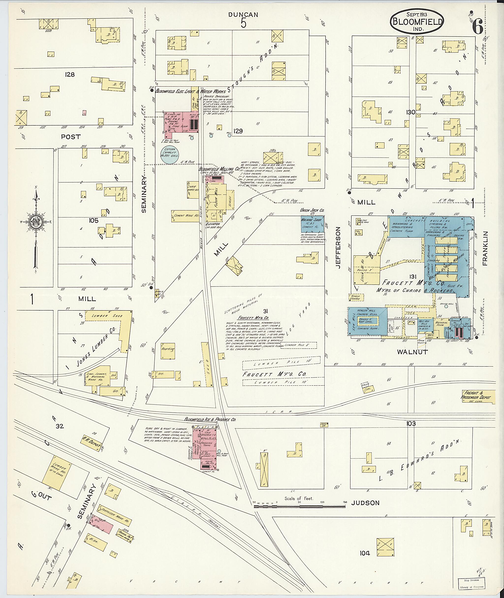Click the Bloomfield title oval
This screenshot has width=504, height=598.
pyautogui.click(x=417, y=21)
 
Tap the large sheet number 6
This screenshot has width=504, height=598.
pyautogui.click(x=477, y=27)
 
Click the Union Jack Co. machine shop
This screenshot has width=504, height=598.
pyautogui.click(x=313, y=224)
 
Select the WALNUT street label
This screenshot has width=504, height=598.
pyautogui.click(x=412, y=352)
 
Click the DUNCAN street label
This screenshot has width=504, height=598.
pyautogui.click(x=243, y=15)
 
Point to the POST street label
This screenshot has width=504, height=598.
pyautogui.click(x=71, y=137)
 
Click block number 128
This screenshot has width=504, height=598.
pyautogui.click(x=70, y=75)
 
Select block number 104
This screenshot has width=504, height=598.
pyautogui.click(x=365, y=553)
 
